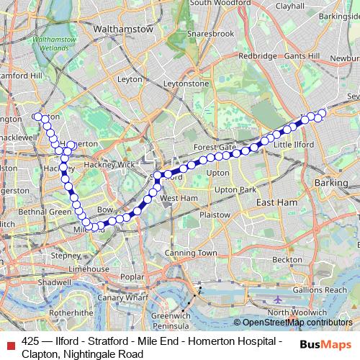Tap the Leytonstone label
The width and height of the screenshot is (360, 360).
point(185,84)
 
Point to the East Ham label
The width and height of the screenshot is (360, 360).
point(276,203)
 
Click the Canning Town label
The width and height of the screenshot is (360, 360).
point(191,253)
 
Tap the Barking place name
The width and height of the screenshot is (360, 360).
point(331,183)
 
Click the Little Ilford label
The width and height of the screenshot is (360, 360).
point(293,145)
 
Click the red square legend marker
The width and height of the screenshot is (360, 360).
point(9,341)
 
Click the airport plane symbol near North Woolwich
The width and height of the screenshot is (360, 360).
point(279,298)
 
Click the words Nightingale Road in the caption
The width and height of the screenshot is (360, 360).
point(93,354)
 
